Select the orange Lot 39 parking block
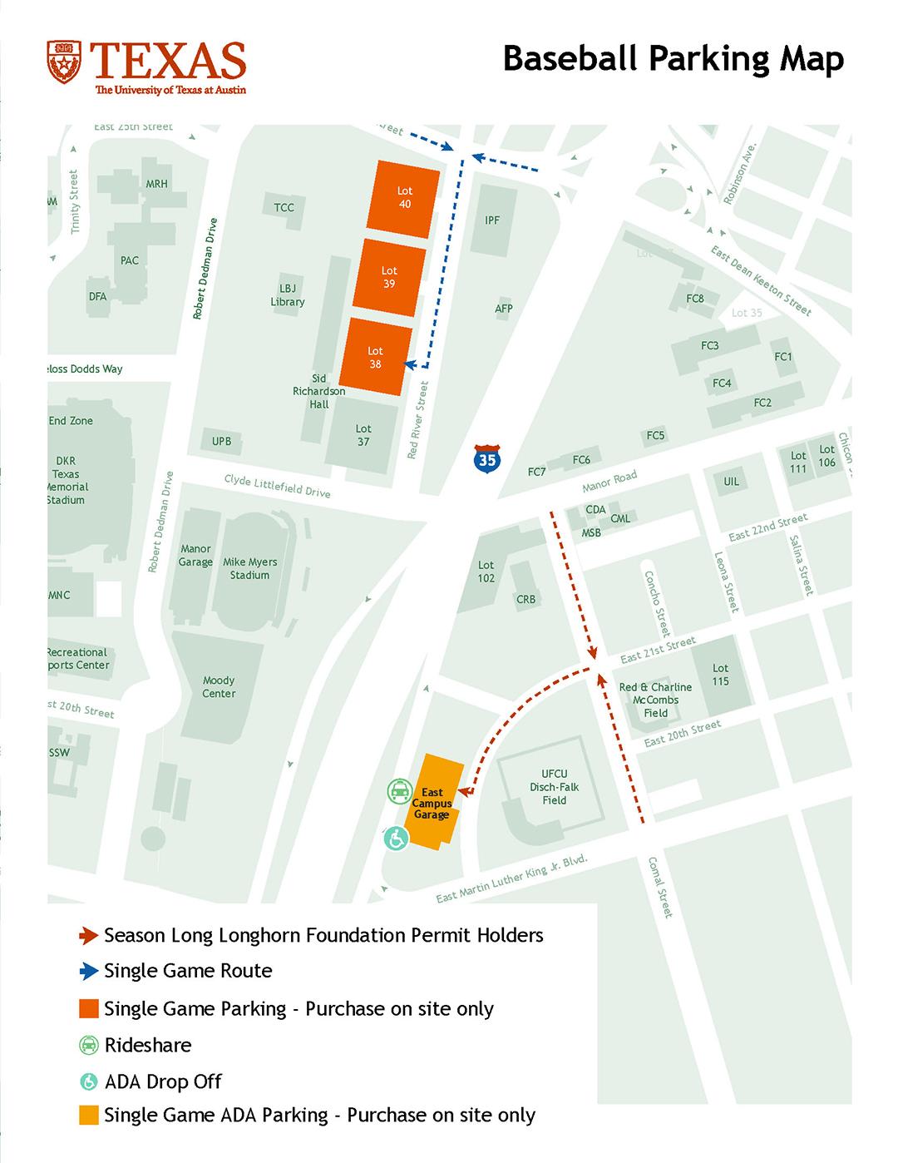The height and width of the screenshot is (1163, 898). coord(389,277)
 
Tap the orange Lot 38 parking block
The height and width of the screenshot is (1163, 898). coord(376,357)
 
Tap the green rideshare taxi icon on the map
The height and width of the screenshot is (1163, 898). coord(400,791)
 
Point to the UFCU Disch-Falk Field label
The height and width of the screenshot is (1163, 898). coord(554,787)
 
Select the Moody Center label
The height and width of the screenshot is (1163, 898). coord(219,686)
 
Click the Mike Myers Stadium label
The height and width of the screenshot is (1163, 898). coord(249,568)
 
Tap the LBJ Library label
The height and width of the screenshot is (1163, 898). coord(288,295)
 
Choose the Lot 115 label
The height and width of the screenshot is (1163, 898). coord(720,675)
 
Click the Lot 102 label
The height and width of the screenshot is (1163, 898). coord(486,572)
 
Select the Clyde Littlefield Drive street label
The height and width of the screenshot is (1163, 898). coord(277,486)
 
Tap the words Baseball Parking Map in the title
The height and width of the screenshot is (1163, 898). coord(673,60)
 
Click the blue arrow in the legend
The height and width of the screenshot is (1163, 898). coord(88,971)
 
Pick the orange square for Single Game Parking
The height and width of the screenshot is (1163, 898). coord(89,1008)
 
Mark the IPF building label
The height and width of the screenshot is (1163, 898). coord(492,220)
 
